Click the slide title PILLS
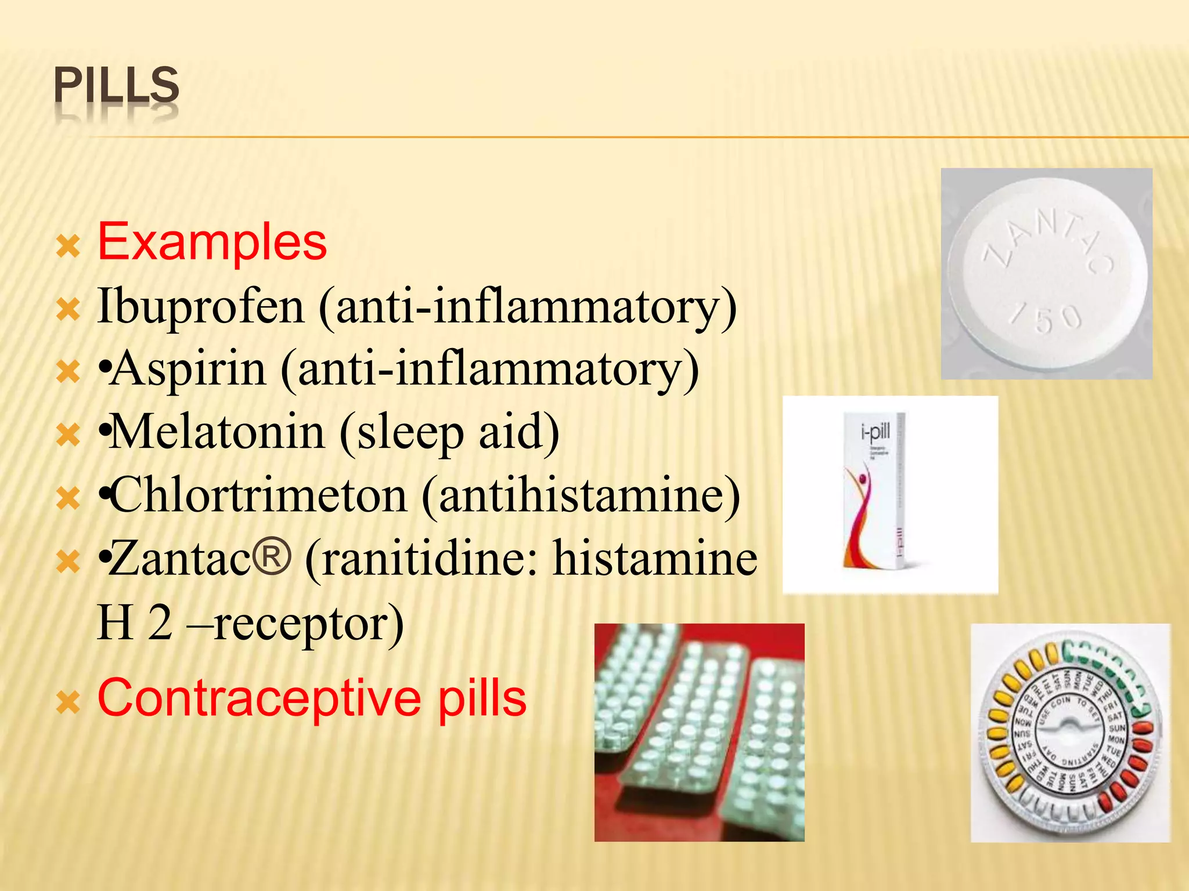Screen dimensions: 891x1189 (116, 86)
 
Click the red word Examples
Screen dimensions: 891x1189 (212, 242)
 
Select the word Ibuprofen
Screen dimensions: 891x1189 (201, 306)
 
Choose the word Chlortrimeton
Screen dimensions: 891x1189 (259, 495)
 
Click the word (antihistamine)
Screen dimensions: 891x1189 (581, 495)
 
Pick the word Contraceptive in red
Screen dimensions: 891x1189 (259, 698)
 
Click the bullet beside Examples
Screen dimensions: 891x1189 (68, 247)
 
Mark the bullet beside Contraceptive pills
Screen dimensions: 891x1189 (68, 703)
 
